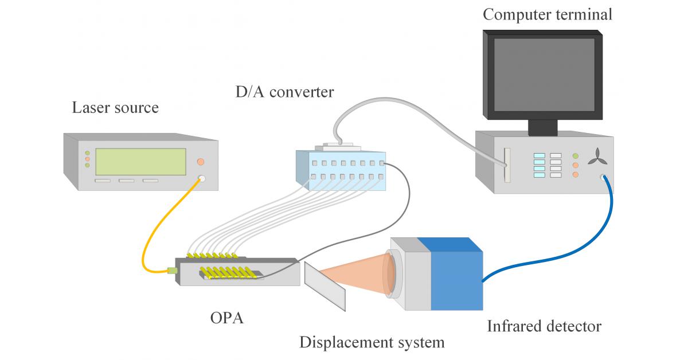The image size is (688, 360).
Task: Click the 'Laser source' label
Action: pos(115,108)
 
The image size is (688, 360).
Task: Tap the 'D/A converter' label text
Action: pos(284,92)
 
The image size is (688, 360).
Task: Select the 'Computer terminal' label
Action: pos(547,14)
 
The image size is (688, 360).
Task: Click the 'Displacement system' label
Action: pos(372,343)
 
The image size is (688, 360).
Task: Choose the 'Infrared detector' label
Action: pos(544,327)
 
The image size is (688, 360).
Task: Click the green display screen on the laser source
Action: pos(140,162)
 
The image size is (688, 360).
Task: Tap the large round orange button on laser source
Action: pos(201,162)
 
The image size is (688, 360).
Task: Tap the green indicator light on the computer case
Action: pos(576,156)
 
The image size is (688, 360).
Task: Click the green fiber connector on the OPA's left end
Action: pos(170,270)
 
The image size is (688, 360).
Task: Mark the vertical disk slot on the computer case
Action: pos(505,166)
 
